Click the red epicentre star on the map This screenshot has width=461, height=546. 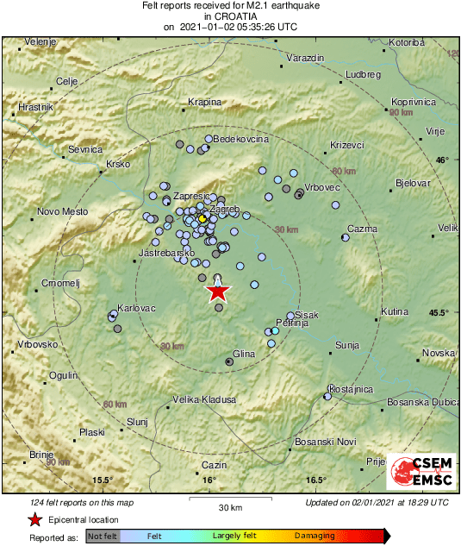[217, 292]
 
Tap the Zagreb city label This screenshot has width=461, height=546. [224, 210]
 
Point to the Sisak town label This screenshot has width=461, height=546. [307, 315]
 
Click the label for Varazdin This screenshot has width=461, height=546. [305, 57]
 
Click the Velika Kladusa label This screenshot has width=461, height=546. [204, 399]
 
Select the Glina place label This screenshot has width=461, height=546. [244, 354]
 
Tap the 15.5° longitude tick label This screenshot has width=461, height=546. [103, 480]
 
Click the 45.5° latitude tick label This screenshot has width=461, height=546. [439, 313]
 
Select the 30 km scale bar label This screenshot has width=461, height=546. [229, 506]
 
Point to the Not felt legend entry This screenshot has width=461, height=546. [103, 536]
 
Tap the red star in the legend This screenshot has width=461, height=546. [34, 520]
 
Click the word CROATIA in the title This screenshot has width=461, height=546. [230, 16]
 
